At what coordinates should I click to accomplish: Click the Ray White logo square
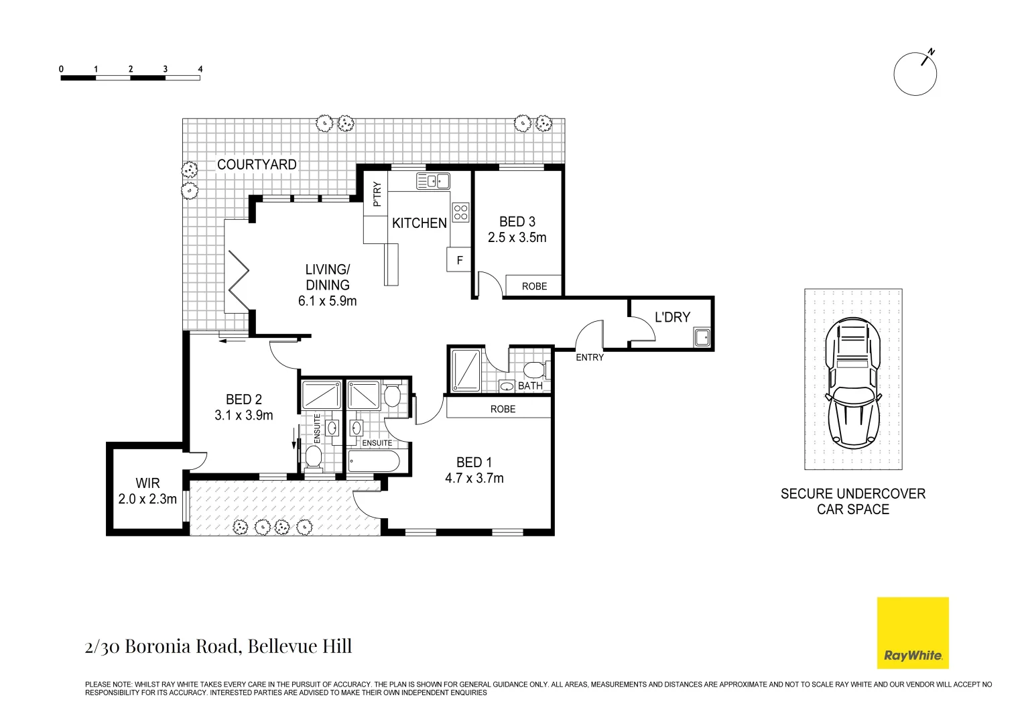[x=913, y=633]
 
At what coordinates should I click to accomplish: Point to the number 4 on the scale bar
[x=200, y=69]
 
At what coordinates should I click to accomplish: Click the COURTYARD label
[x=257, y=165]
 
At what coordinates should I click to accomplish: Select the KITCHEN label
[x=420, y=223]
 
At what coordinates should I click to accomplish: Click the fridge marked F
[x=459, y=260]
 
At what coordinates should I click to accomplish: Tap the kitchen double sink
[x=433, y=181]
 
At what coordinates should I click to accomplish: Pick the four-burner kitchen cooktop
[x=461, y=213]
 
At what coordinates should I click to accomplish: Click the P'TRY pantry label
[x=377, y=194]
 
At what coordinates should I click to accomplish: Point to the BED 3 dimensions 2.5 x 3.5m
[x=517, y=238]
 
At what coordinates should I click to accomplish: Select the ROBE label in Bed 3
[x=534, y=286]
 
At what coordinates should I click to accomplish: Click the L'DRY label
[x=672, y=317]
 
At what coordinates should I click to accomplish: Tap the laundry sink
[x=702, y=338]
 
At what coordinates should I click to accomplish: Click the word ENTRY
[x=590, y=358]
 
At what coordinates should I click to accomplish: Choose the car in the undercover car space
[x=853, y=383]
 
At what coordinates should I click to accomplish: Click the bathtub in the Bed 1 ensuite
[x=374, y=461]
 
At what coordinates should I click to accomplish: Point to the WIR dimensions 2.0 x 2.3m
[x=147, y=499]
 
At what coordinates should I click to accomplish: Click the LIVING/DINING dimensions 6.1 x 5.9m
[x=327, y=302]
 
